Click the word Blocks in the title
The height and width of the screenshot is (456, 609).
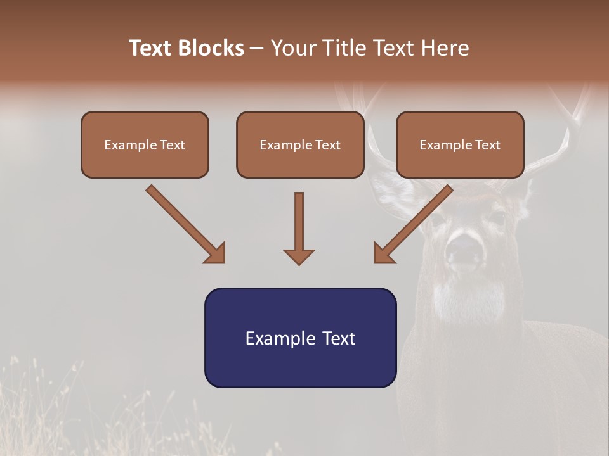[212, 48]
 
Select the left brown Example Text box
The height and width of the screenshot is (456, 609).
[145, 144]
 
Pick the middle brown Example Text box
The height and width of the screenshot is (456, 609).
[300, 144]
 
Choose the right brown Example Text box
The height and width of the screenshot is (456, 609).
[460, 144]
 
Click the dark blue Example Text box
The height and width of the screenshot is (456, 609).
[300, 338]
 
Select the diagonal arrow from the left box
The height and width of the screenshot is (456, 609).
[184, 223]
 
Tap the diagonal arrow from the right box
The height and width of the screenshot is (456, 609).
[414, 223]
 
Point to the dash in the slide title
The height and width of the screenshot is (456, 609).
[257, 49]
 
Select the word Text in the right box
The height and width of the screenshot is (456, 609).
[487, 145]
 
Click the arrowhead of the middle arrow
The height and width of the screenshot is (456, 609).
[299, 256]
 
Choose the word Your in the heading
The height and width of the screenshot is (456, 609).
[291, 48]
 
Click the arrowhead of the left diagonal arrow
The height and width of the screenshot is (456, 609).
[216, 253]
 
